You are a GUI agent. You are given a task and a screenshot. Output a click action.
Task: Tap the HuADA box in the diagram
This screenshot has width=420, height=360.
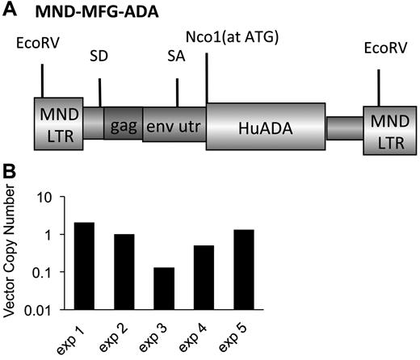(x=266, y=126)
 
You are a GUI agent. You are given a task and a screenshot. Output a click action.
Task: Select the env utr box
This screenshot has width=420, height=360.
(x=174, y=127)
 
